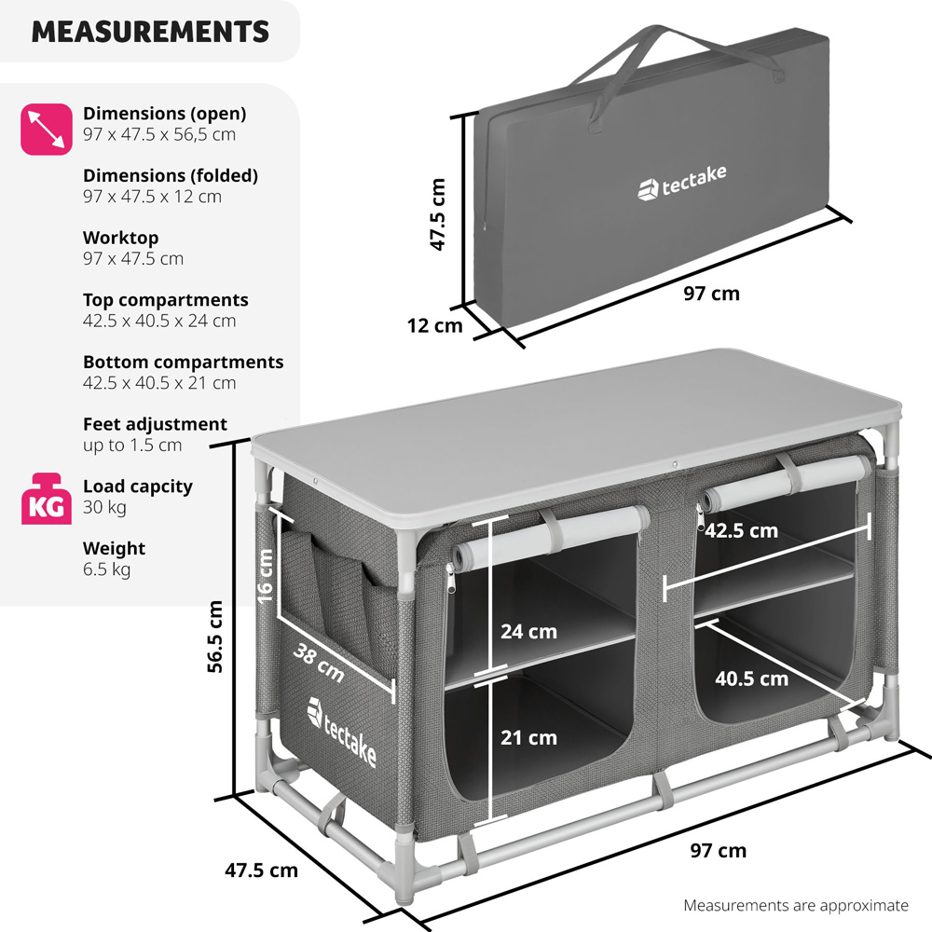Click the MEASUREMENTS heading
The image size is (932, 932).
tap(150, 32)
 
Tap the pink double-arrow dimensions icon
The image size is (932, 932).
tap(47, 129)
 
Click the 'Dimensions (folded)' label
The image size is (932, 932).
tap(171, 175)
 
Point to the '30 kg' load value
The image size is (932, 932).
tap(104, 507)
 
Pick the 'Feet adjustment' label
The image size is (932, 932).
tap(155, 424)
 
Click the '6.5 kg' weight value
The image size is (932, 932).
tap(106, 569)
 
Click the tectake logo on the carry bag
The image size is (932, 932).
tap(681, 182)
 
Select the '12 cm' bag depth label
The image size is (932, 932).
tap(434, 326)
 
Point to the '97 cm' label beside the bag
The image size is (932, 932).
tap(711, 294)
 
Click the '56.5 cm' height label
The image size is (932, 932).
tap(215, 636)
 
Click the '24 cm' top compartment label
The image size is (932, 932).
tap(528, 632)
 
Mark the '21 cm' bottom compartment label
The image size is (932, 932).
tap(528, 738)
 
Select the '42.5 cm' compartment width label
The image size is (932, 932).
tap(741, 531)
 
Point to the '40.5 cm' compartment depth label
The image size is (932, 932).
tap(751, 678)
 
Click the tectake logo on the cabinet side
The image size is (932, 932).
tap(342, 733)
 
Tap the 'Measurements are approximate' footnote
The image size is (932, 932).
tap(795, 905)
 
